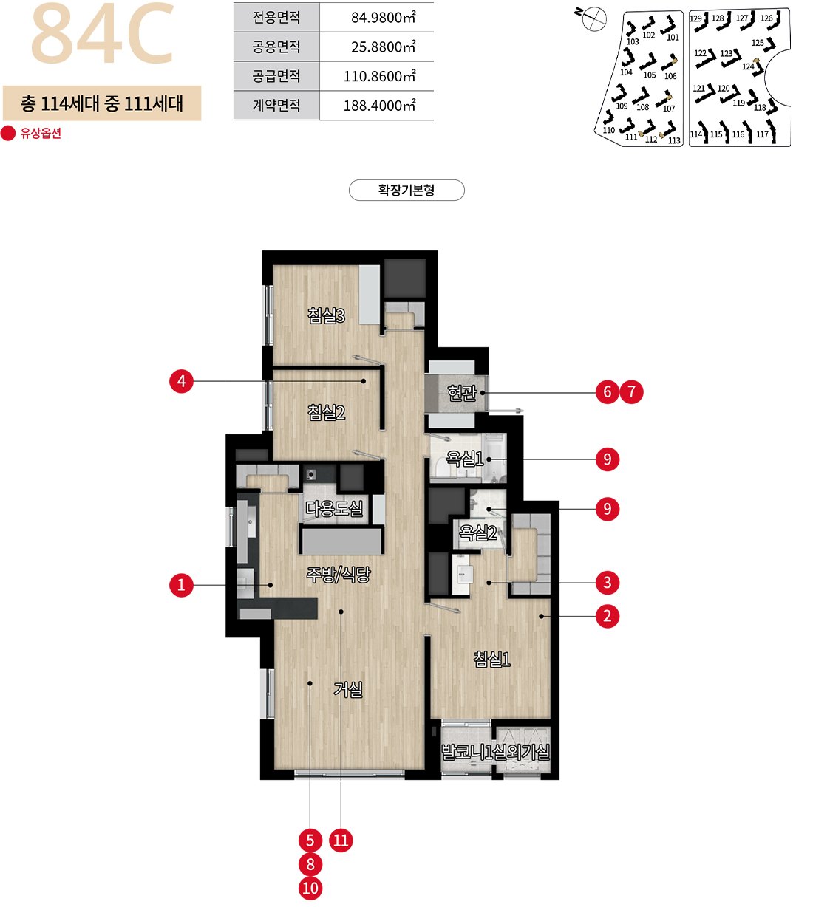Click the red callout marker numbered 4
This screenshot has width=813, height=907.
[x=181, y=381]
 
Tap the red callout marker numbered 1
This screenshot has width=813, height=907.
[x=181, y=585]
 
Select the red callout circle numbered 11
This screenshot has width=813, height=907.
[x=341, y=841]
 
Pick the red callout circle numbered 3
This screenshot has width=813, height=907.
[x=608, y=583]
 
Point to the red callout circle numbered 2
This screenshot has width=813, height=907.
[x=608, y=617]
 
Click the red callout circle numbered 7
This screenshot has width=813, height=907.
[x=632, y=392]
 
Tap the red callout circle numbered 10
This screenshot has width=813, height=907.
[x=310, y=889]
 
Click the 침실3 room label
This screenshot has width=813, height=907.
[x=326, y=316]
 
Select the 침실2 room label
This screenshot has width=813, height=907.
[x=326, y=412]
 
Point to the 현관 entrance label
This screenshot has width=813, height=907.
[x=462, y=393]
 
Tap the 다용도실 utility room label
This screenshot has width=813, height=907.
[x=334, y=509]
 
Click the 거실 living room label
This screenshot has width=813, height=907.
[x=348, y=690]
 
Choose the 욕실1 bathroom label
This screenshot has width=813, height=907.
[x=464, y=459]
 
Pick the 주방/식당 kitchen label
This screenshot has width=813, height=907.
[x=339, y=575]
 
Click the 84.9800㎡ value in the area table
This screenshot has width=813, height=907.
[x=384, y=18]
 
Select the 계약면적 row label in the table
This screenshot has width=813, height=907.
[x=276, y=106]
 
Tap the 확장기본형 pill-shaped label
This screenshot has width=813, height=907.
[x=406, y=191]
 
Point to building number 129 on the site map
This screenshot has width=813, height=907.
[x=695, y=18]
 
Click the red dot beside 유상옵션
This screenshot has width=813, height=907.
[x=9, y=134]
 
